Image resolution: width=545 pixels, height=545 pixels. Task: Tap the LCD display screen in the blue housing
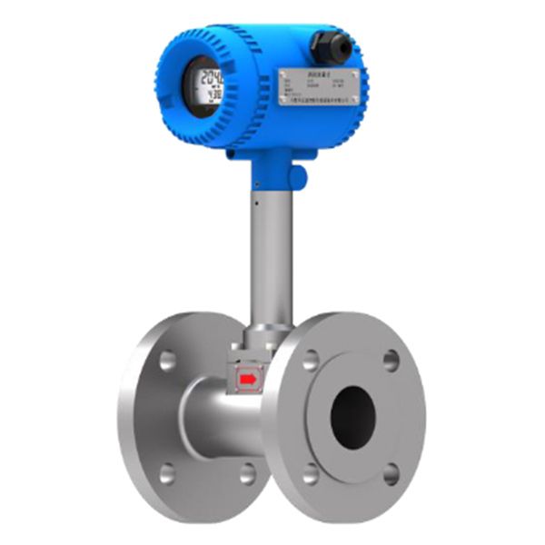209,85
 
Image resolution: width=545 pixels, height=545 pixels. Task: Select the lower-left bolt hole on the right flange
311,473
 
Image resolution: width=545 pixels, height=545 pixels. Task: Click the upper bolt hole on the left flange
167,360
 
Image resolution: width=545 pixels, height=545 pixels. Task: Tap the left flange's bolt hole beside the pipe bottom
246,472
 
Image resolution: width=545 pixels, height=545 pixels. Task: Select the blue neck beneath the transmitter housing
272,168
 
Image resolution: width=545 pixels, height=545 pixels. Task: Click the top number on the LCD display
212,75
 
